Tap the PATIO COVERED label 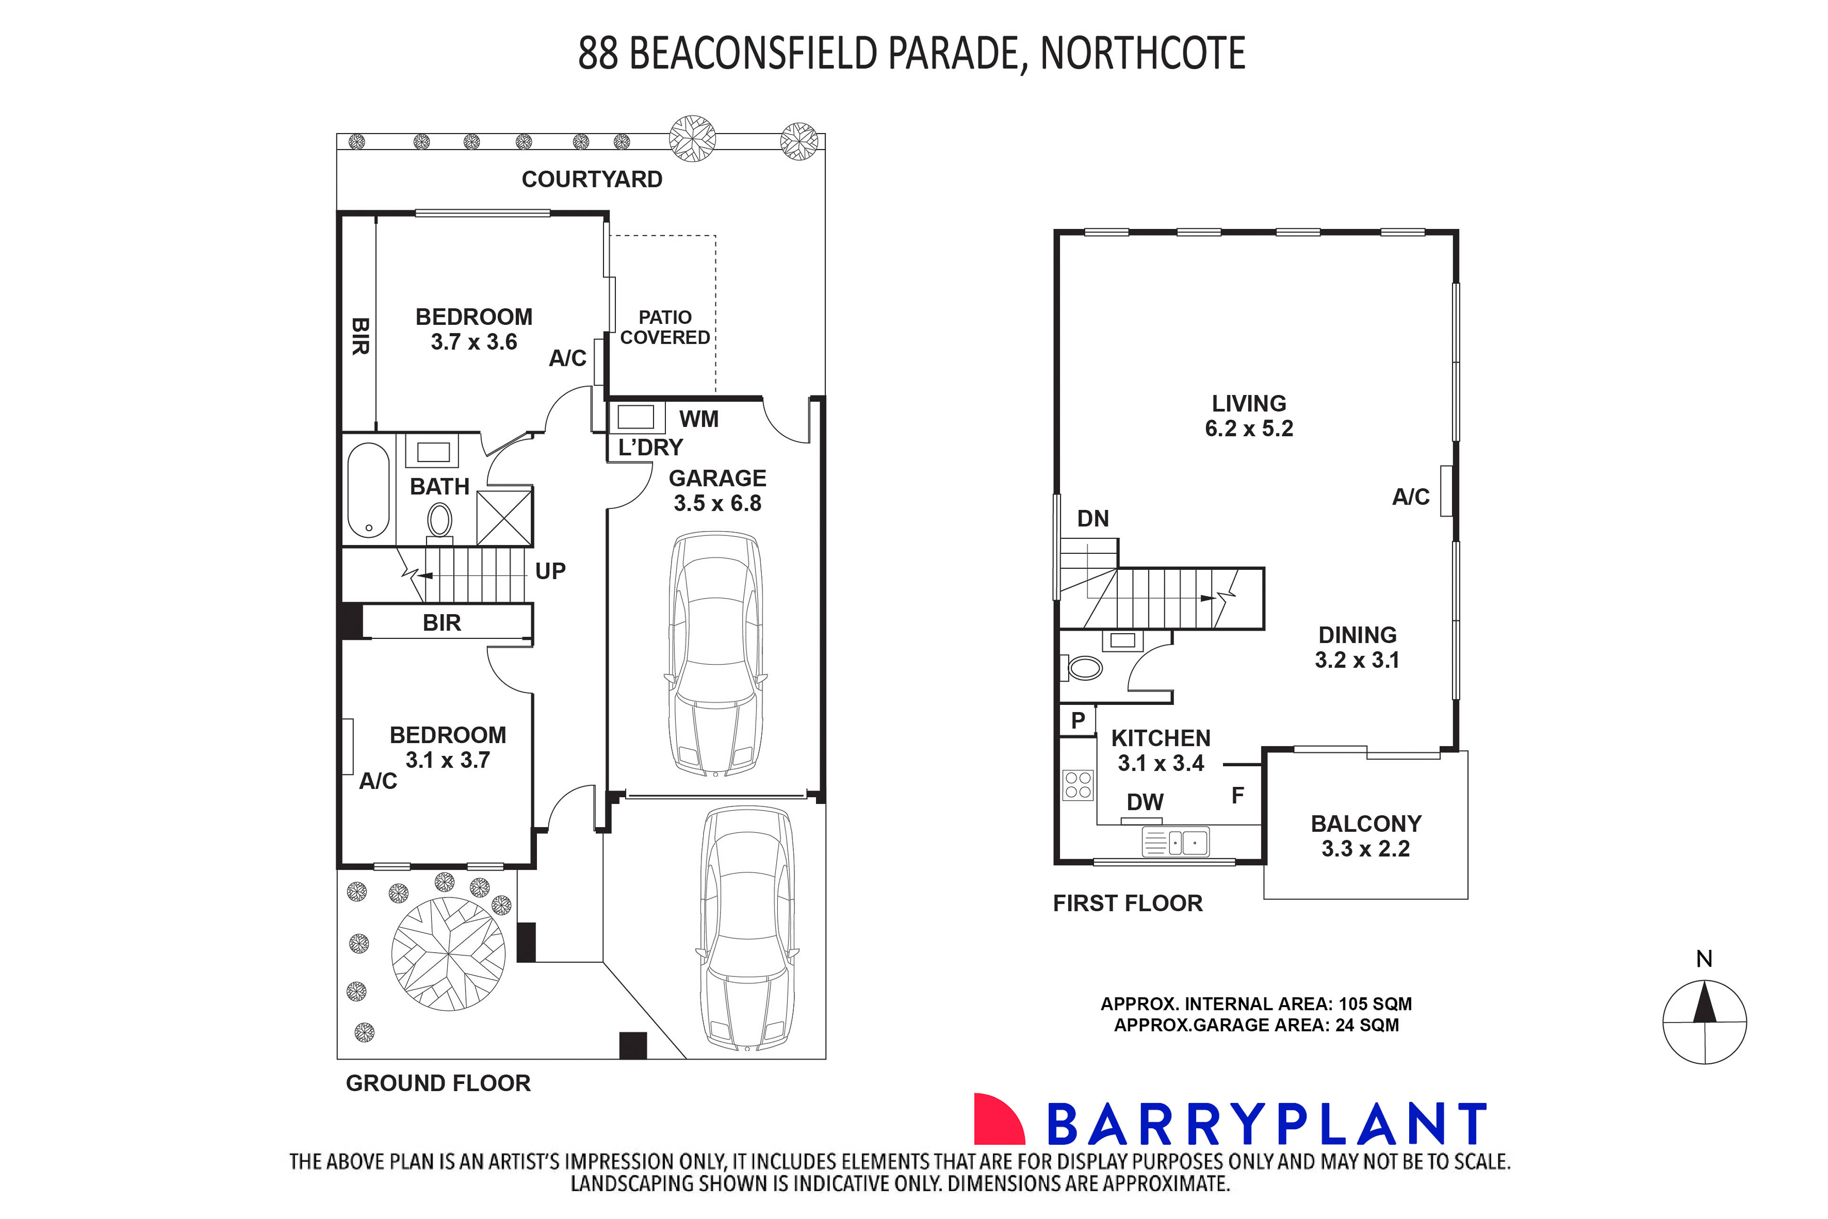665,327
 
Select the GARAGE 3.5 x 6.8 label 717,491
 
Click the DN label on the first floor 1092,518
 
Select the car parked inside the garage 715,653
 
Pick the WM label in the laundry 698,420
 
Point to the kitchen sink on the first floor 1176,842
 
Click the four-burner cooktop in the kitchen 1078,785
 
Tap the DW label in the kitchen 1145,802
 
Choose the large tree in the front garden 449,953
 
